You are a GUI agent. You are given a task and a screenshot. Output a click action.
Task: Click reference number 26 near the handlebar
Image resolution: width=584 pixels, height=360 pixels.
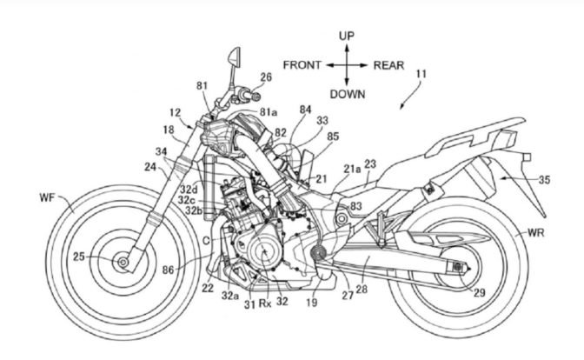(x=265, y=77)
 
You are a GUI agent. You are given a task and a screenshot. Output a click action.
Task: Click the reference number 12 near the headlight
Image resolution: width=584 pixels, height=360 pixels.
(x=174, y=112)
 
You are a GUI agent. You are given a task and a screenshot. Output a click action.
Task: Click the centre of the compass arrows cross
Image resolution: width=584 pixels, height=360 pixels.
(x=347, y=65)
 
